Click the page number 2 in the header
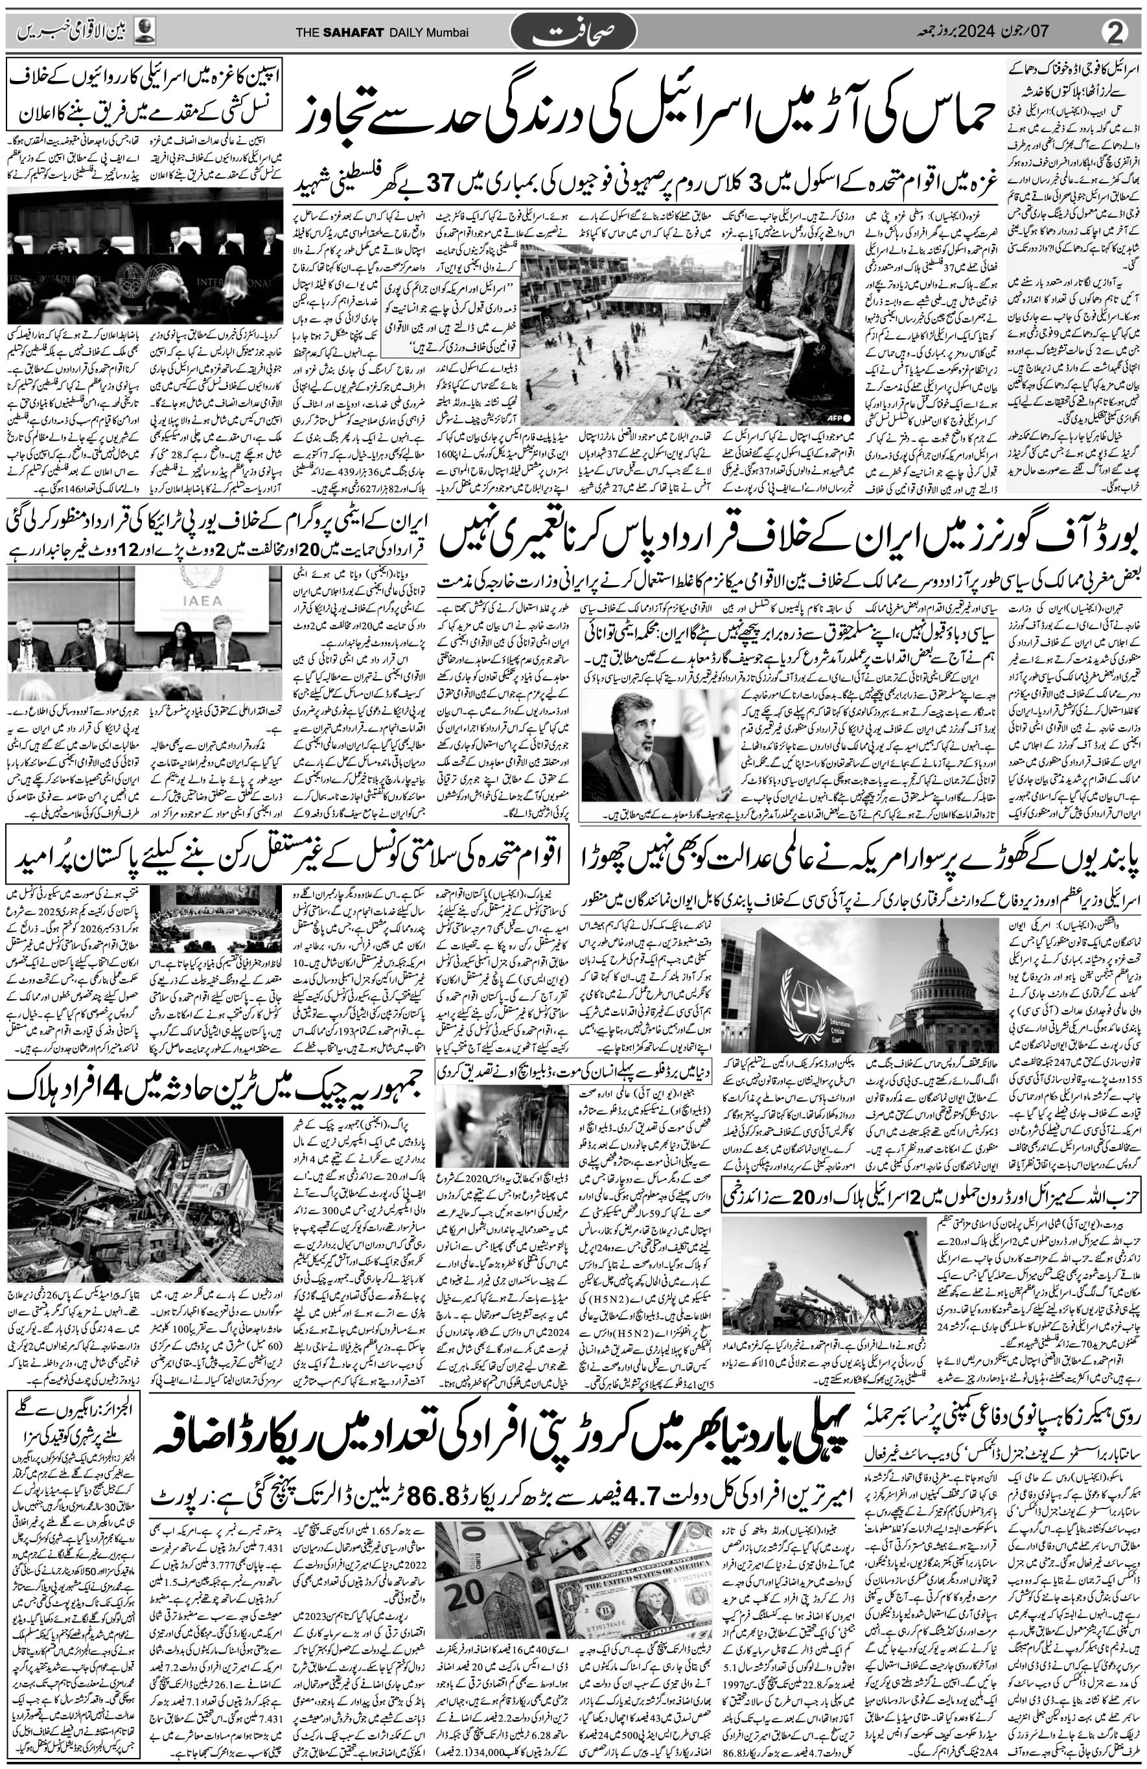point(1117,32)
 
